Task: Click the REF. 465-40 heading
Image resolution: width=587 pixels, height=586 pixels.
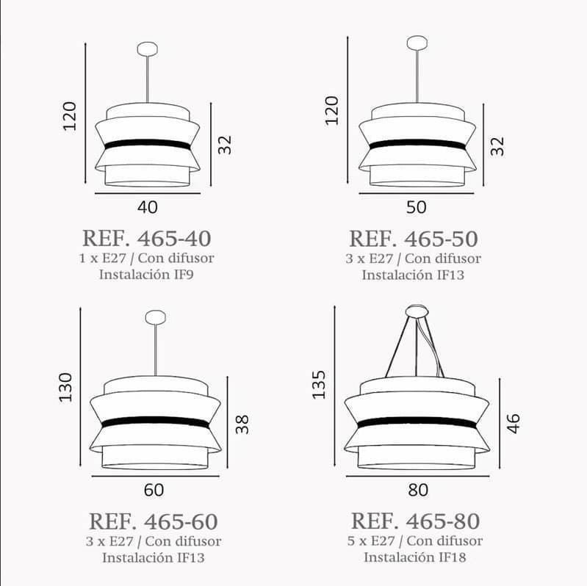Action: (147, 239)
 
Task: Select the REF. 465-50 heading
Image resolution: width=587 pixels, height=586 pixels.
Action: (414, 239)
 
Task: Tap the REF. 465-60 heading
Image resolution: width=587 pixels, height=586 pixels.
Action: (154, 521)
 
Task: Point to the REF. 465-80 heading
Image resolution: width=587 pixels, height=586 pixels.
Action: (416, 521)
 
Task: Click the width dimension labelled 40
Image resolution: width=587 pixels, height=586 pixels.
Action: (148, 207)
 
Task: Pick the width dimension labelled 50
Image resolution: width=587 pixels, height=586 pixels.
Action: (417, 207)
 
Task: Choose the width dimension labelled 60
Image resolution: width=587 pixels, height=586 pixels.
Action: (154, 491)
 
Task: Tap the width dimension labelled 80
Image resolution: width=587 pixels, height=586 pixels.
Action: (418, 491)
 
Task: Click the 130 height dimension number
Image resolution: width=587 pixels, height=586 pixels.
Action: (65, 388)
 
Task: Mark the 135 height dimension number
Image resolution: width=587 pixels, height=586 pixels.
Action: (319, 385)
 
